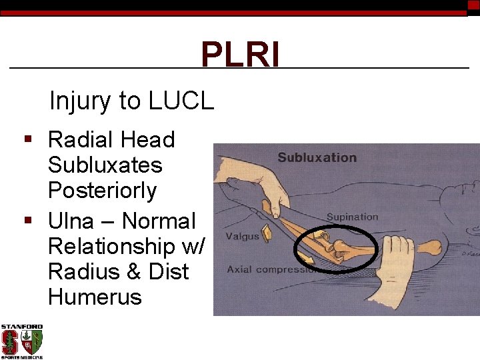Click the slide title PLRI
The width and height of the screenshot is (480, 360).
coord(240,55)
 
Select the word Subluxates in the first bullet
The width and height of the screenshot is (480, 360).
coord(105,165)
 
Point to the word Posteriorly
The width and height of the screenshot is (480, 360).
coord(102,191)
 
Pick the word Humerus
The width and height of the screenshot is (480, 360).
coord(95,297)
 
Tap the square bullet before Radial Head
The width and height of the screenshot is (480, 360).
coord(28,140)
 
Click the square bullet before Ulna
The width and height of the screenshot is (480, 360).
coord(28,221)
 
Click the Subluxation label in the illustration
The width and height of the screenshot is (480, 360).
coord(317,158)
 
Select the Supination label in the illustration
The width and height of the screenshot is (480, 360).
coord(352,217)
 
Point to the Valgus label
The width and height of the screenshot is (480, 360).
coord(242,236)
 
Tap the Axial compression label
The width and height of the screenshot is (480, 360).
coord(270,270)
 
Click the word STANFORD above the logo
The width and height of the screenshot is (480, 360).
coord(21,327)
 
